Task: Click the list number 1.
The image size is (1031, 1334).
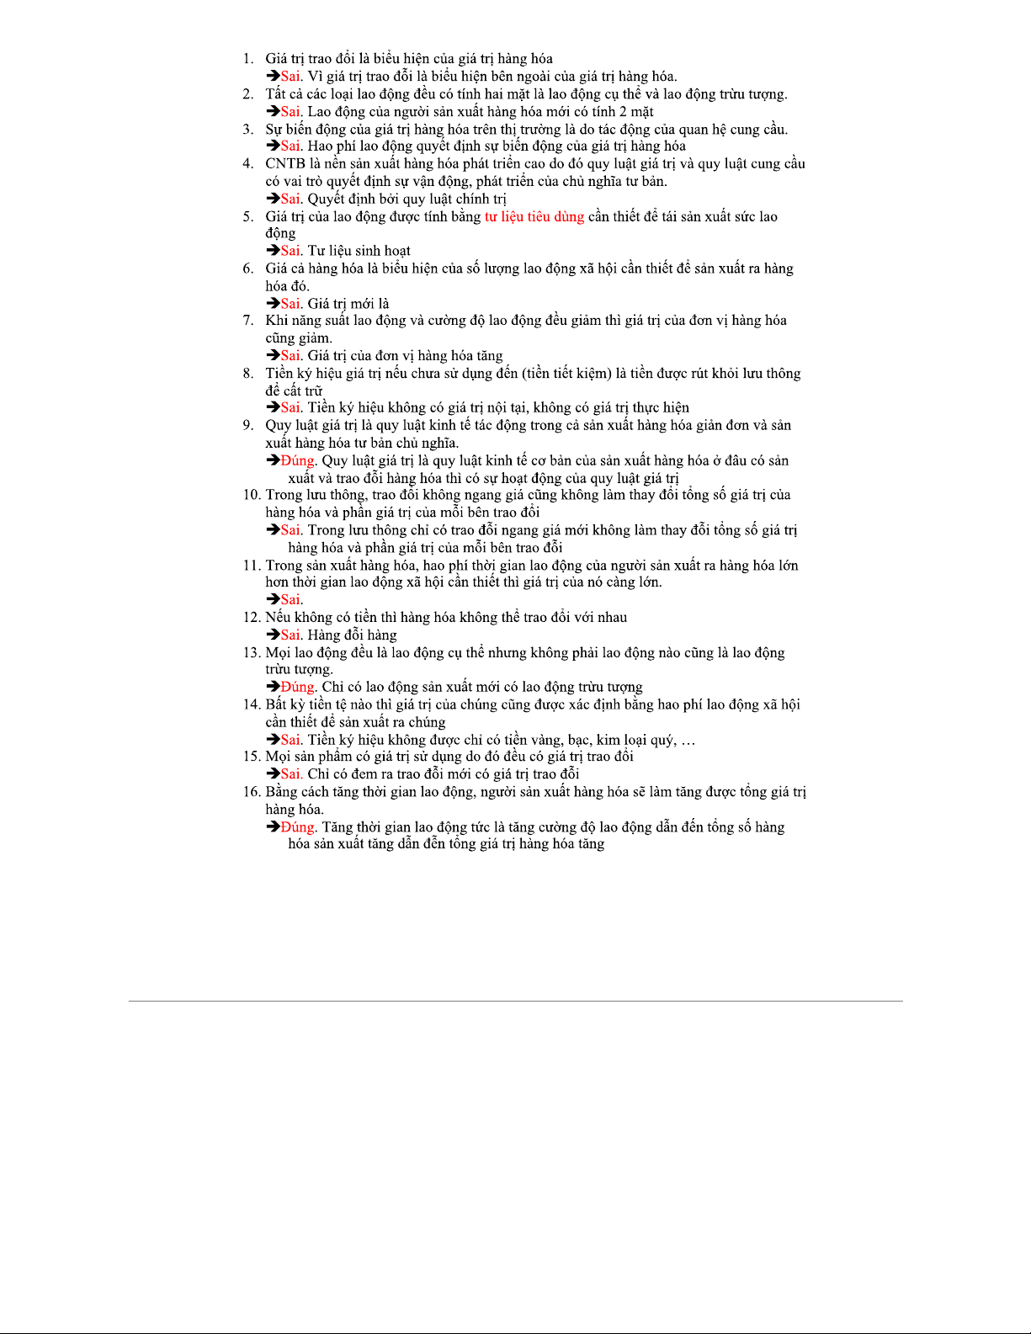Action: (x=247, y=59)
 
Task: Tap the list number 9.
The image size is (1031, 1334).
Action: (x=247, y=425)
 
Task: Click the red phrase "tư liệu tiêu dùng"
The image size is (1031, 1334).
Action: (x=534, y=216)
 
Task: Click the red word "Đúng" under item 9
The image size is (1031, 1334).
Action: (x=297, y=460)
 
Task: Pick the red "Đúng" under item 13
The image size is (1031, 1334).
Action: (x=297, y=687)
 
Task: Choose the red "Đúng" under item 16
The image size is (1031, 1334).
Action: (x=297, y=827)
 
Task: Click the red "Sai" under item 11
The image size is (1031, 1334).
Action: (x=290, y=599)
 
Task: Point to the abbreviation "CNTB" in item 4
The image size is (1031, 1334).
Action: (x=285, y=163)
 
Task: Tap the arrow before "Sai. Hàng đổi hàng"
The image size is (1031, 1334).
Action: (x=274, y=635)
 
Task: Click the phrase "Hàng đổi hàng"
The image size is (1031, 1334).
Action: (x=352, y=635)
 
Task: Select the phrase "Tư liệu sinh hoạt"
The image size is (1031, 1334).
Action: (x=359, y=251)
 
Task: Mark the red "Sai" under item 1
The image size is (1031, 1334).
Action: (x=290, y=76)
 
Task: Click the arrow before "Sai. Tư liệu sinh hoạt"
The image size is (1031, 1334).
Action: (x=274, y=251)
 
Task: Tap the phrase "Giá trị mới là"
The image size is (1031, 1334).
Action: (x=348, y=304)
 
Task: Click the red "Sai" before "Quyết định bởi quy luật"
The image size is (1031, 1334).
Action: (x=290, y=199)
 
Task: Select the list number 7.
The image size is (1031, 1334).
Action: (x=247, y=320)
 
